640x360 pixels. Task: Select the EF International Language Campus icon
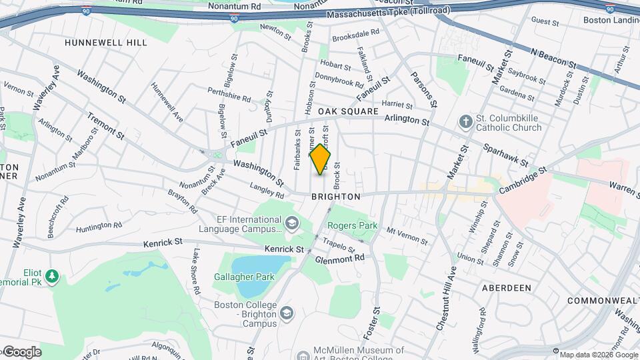[x=291, y=222]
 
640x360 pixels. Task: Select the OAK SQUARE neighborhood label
[x=347, y=111]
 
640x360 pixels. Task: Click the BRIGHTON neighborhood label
[x=336, y=197]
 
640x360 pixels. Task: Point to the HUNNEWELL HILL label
[x=105, y=43]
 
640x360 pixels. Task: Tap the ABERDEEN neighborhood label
[x=507, y=287]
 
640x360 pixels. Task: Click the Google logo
[x=21, y=352]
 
